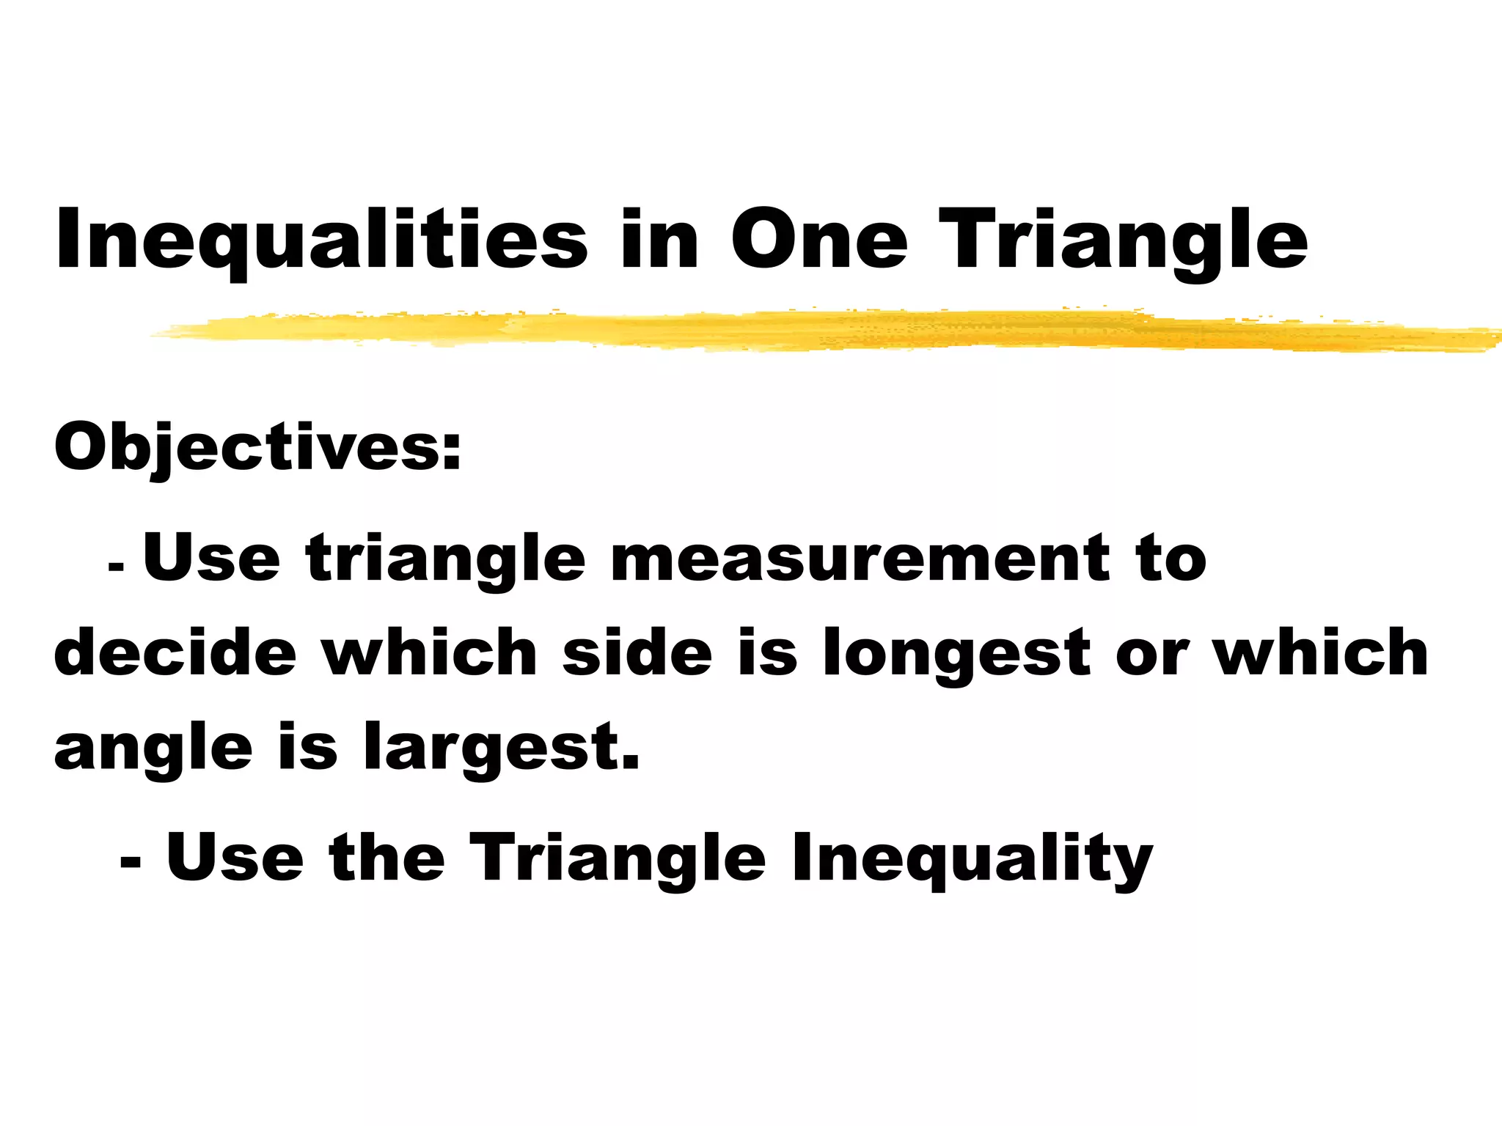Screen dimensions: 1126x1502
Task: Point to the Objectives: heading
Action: pos(258,446)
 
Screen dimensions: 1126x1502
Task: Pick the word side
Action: pos(637,652)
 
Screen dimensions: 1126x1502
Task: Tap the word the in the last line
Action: pos(387,857)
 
